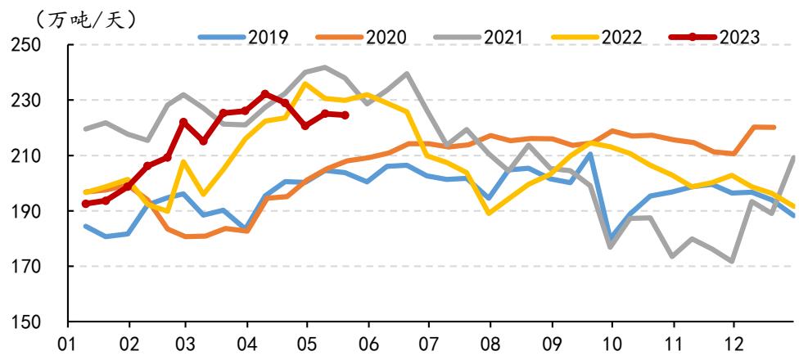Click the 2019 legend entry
coord(244,37)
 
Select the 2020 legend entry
coord(361,37)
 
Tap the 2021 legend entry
coord(478,37)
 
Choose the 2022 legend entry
coord(596,37)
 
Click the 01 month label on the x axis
coord(69,344)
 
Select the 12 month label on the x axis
coord(734,344)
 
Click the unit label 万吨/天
coord(86,20)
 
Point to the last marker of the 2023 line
coord(345,115)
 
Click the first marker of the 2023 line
coord(86,204)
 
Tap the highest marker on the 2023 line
coord(265,94)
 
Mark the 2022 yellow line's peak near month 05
coord(305,83)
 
